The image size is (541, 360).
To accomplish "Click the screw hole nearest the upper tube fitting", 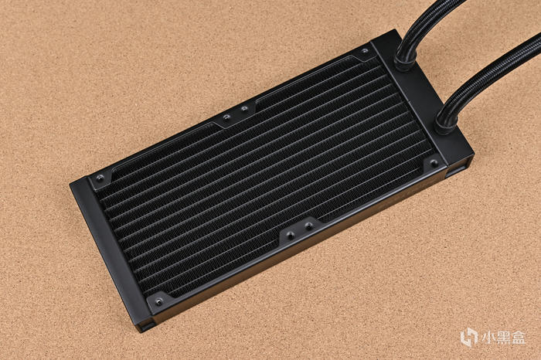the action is pos(365,52).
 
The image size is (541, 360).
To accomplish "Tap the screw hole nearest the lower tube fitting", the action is pos(434,163).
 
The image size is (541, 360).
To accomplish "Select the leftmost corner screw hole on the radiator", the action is pos(100,178).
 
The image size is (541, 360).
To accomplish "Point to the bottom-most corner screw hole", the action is pos(158,302).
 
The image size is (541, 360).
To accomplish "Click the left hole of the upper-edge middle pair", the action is pos(226,117).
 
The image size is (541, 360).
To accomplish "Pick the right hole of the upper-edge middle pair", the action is pos(244,109).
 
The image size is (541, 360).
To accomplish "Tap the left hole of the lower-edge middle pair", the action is pos(291,236).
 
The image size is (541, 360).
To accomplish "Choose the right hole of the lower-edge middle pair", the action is pos(309,226).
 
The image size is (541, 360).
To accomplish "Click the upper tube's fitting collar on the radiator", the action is pos(405,61).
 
